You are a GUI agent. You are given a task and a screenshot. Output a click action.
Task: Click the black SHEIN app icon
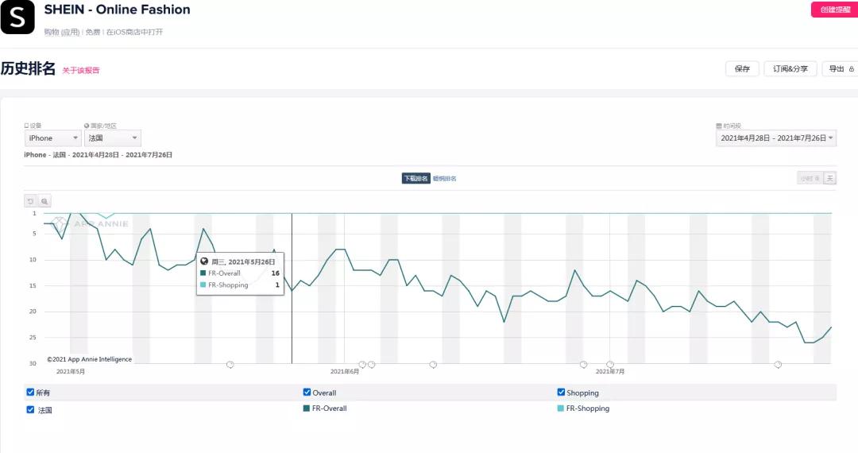click(17, 17)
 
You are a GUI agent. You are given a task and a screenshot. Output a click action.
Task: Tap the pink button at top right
click(833, 10)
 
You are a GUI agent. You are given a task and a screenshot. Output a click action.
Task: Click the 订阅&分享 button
click(790, 69)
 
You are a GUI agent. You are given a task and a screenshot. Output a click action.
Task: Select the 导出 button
click(840, 69)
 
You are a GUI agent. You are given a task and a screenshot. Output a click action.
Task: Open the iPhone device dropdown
click(52, 138)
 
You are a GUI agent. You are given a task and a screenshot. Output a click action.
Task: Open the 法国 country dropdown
click(112, 138)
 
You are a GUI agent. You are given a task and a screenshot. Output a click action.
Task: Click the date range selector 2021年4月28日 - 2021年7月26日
click(776, 138)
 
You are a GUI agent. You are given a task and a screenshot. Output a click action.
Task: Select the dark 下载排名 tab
click(415, 179)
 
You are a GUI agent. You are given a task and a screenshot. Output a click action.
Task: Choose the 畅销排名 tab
click(445, 179)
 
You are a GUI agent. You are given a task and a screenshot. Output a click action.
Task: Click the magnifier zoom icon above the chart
click(44, 201)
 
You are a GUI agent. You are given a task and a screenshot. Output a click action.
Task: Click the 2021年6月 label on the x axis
click(345, 371)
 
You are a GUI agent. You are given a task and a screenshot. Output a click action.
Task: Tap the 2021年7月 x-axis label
click(611, 371)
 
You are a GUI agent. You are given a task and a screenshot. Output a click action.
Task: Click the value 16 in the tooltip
click(275, 273)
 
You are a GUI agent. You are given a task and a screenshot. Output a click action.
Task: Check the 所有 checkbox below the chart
click(30, 393)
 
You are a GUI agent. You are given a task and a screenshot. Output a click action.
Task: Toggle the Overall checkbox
click(307, 393)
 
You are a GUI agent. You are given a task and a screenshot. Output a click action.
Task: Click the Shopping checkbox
click(562, 393)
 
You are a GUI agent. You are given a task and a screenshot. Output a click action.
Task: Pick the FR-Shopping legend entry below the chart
click(584, 408)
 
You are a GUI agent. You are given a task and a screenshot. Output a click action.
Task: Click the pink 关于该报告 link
click(81, 71)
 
